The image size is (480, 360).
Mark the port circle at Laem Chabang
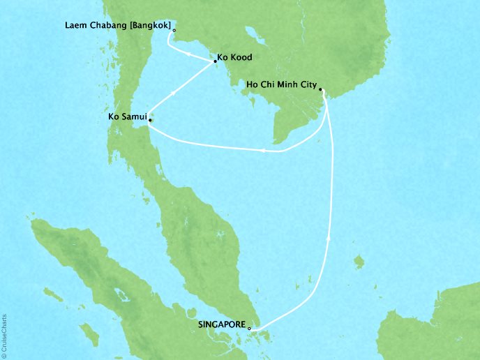[174, 30]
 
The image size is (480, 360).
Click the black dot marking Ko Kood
[214, 62]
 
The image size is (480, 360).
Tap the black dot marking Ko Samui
[149, 120]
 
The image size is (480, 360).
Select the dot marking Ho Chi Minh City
[320, 89]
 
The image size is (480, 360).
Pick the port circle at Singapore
[249, 327]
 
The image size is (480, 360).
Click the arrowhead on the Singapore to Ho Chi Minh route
[329, 238]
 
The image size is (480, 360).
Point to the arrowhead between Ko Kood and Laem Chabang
[189, 54]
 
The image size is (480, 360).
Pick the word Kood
[243, 57]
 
